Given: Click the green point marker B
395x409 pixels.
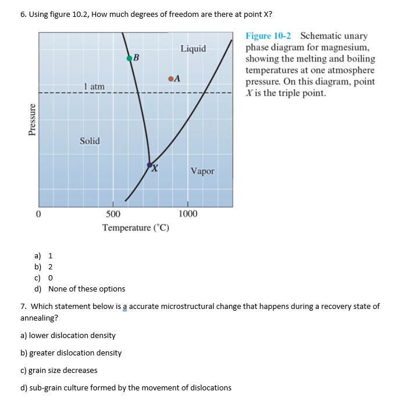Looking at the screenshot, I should click(x=129, y=57).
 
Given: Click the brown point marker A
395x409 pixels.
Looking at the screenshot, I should click(x=170, y=79).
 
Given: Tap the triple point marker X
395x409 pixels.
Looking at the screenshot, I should click(x=150, y=165).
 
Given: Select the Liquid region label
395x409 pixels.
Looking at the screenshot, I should click(x=193, y=48).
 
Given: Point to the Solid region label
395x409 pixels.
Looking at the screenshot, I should click(x=90, y=141).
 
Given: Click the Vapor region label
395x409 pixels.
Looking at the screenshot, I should click(x=202, y=171).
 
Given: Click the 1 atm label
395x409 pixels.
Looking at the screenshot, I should click(x=94, y=87).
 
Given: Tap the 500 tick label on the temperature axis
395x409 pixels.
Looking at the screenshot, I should click(x=113, y=214).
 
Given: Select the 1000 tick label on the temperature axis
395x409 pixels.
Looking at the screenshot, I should click(x=187, y=214).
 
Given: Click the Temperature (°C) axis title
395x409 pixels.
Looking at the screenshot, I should click(x=136, y=227).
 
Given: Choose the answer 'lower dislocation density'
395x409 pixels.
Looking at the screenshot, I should click(x=68, y=335).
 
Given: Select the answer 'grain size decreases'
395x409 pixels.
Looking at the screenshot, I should click(x=59, y=370).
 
